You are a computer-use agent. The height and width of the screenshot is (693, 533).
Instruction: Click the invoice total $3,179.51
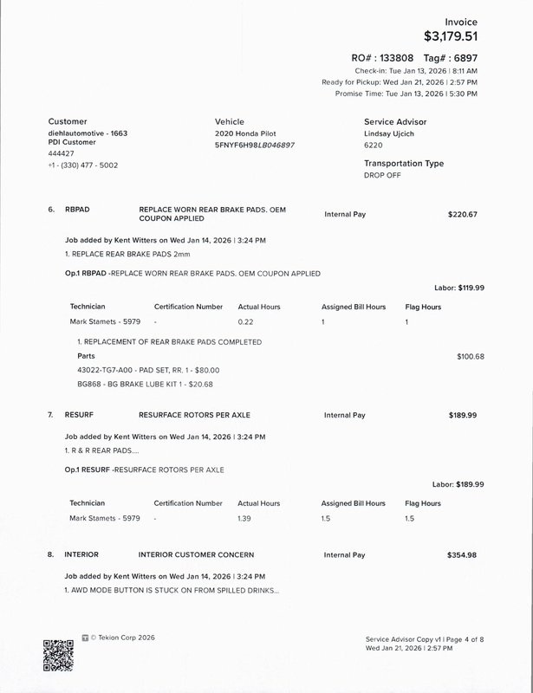click(450, 36)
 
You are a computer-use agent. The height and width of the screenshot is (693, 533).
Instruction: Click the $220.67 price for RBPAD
click(462, 213)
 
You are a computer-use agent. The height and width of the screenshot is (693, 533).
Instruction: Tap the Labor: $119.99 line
click(458, 288)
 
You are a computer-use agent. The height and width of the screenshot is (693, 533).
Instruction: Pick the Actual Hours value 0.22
click(247, 321)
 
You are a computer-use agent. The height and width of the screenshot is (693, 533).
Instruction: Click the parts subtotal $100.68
click(470, 356)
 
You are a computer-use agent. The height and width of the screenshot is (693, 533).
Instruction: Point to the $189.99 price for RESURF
click(462, 415)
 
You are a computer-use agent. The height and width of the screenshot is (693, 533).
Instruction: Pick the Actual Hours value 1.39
click(247, 518)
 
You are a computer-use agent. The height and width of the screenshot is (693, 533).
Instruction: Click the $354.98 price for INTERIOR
click(462, 554)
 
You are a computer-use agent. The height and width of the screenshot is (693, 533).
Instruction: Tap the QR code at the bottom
click(57, 655)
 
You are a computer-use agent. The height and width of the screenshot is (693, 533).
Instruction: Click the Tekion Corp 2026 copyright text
click(122, 638)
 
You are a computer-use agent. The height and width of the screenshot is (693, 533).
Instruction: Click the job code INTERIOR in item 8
click(81, 554)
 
